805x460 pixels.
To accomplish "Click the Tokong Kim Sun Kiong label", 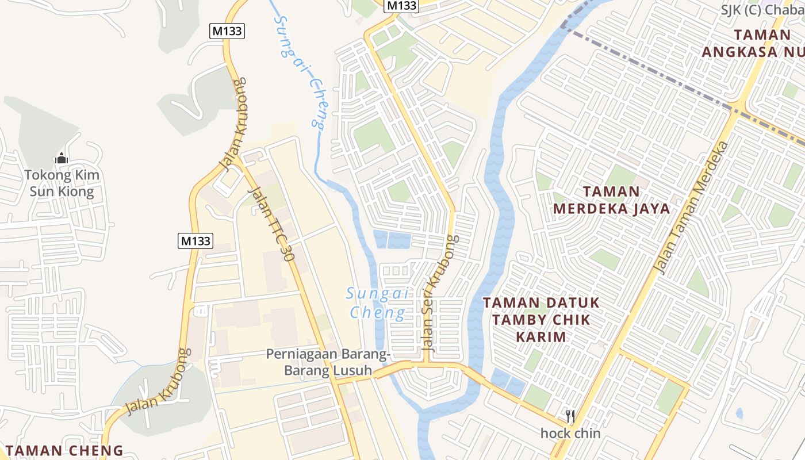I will (62, 183).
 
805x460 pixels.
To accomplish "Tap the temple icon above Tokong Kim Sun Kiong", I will (62, 158).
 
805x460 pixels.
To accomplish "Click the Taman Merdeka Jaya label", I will (612, 200).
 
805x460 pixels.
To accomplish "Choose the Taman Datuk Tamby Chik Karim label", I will (540, 319).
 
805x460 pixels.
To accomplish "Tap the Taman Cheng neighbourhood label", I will (64, 451).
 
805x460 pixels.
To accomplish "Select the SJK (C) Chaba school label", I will (762, 10).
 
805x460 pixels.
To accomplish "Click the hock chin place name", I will (570, 433).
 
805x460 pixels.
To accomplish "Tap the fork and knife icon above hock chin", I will (570, 416).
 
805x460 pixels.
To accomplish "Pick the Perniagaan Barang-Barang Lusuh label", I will (328, 362).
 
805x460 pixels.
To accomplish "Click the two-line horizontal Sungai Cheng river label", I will (378, 303).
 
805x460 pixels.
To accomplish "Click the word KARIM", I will (541, 336).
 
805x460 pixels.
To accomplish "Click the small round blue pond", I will (739, 413).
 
